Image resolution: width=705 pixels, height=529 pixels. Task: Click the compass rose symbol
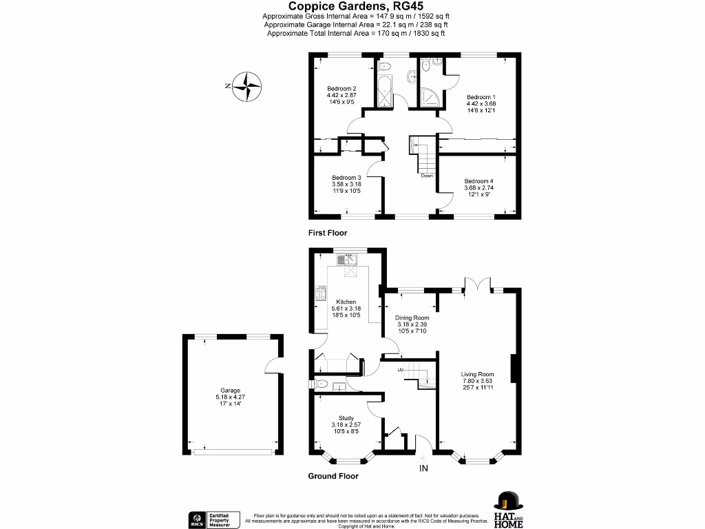pyautogui.click(x=246, y=87)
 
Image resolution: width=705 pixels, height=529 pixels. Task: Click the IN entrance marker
pyautogui.click(x=424, y=469)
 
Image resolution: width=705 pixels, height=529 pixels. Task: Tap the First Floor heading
pyautogui.click(x=328, y=234)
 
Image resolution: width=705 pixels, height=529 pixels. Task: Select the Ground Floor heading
pyautogui.click(x=333, y=476)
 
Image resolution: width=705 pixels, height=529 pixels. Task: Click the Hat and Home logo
pyautogui.click(x=508, y=510)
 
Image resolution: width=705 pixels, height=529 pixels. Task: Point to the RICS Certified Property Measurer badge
pyautogui.click(x=214, y=519)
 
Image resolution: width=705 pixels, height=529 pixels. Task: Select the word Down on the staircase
pyautogui.click(x=428, y=175)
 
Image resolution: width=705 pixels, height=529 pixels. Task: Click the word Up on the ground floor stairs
pyautogui.click(x=401, y=371)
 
